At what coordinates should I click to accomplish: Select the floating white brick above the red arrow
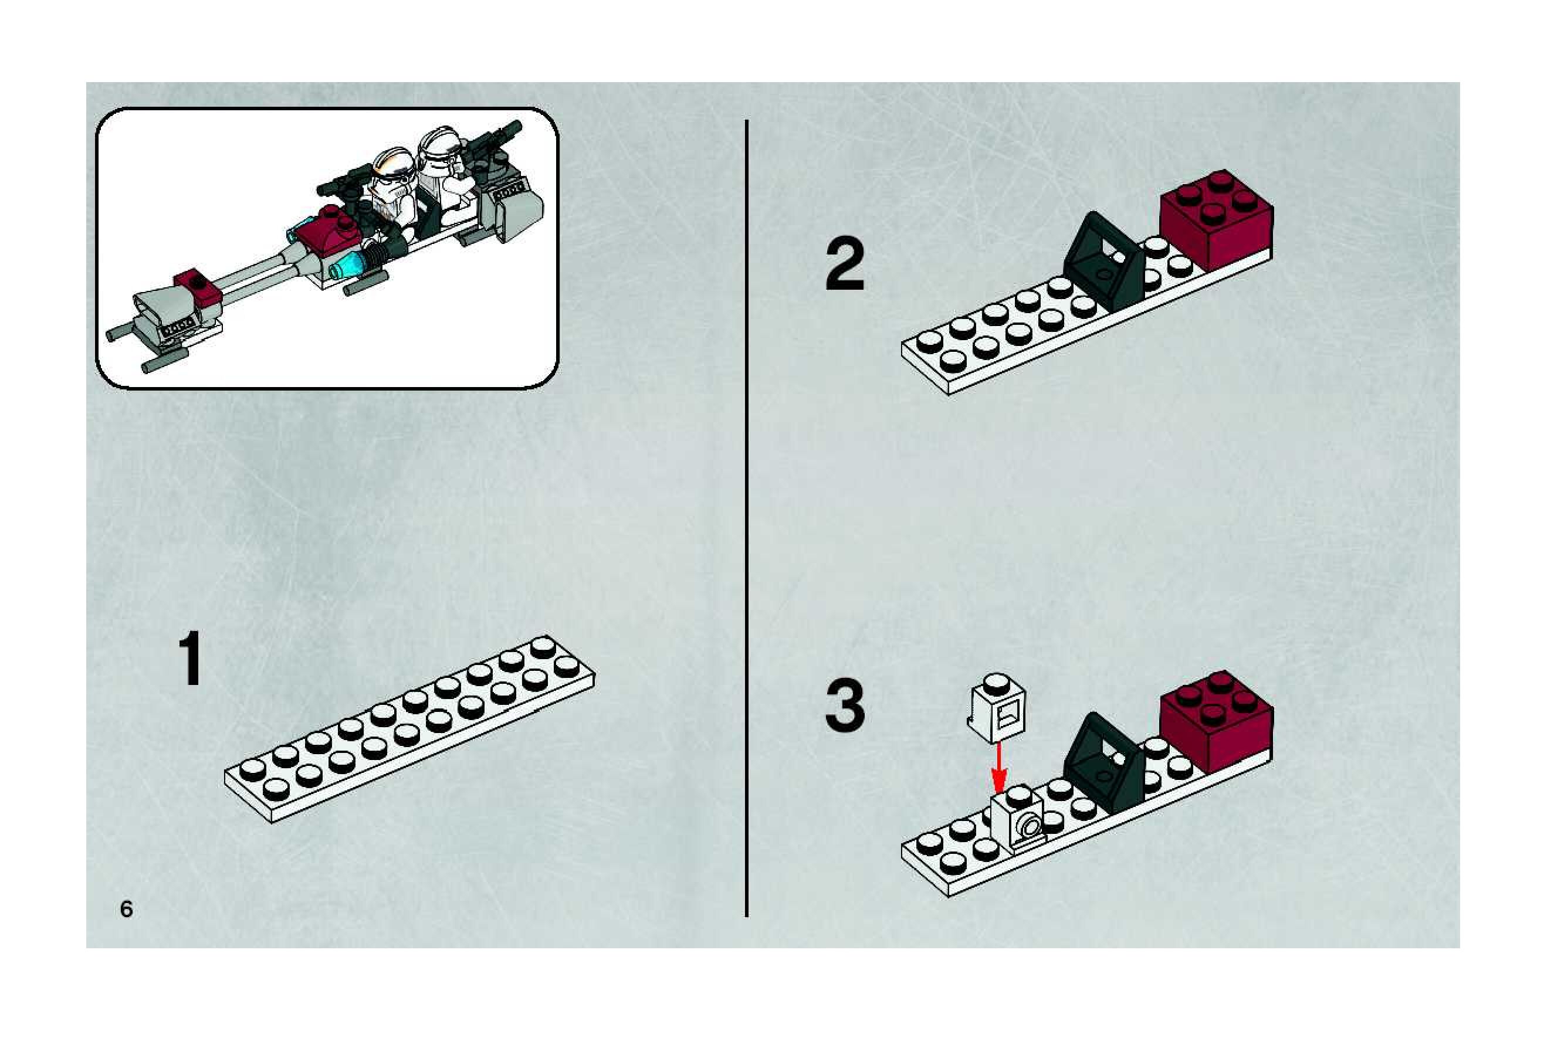(x=997, y=709)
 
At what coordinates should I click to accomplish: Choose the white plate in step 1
(x=409, y=728)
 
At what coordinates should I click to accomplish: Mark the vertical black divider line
(x=747, y=518)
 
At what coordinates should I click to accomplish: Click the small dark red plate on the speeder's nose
(x=197, y=289)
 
